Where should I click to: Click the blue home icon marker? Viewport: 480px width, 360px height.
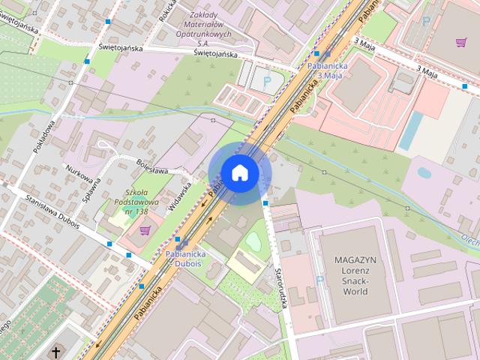(239, 172)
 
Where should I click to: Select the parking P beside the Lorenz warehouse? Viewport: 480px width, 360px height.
(320, 280)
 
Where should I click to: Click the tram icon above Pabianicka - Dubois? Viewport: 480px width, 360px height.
(179, 241)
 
